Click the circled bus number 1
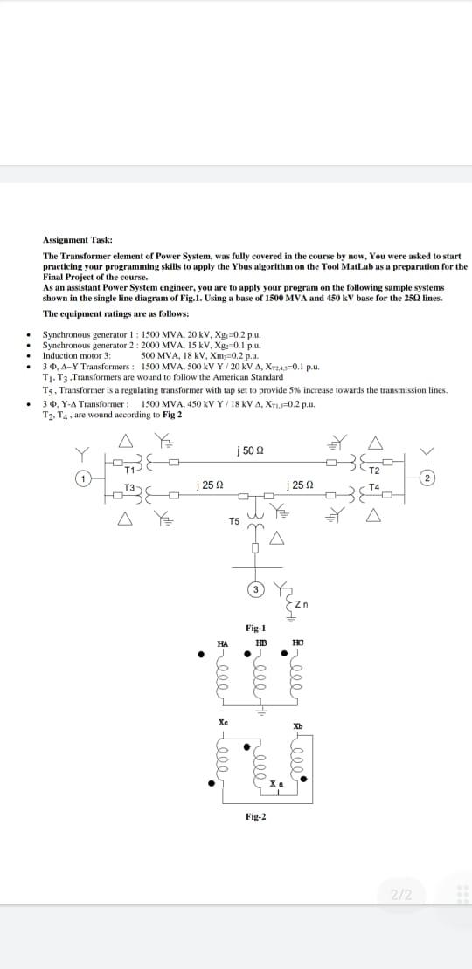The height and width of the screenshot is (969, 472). (x=84, y=478)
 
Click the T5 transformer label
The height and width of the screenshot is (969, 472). (x=234, y=521)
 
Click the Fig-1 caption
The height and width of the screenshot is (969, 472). (x=256, y=628)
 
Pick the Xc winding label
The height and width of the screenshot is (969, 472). (x=223, y=722)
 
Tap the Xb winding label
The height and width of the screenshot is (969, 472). (x=298, y=726)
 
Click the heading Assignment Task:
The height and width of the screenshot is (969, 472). (x=77, y=239)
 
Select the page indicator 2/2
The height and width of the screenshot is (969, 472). (x=401, y=894)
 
